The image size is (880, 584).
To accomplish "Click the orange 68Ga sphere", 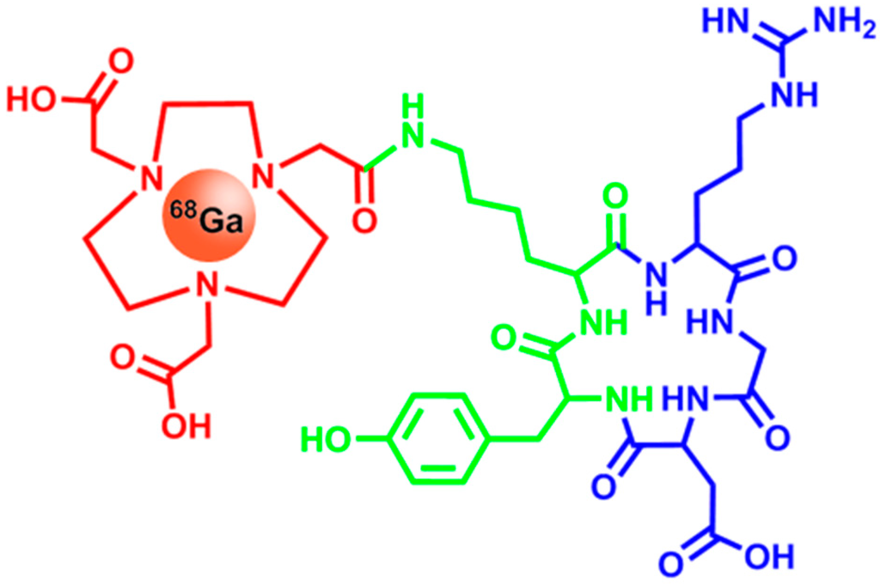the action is [x=206, y=218].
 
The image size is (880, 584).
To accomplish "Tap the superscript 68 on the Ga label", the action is [x=186, y=211].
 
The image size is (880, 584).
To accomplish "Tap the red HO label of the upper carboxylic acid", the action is [x=33, y=101].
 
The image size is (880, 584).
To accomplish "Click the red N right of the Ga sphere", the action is [x=266, y=178].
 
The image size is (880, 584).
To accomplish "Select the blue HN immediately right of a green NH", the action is [x=688, y=399].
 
